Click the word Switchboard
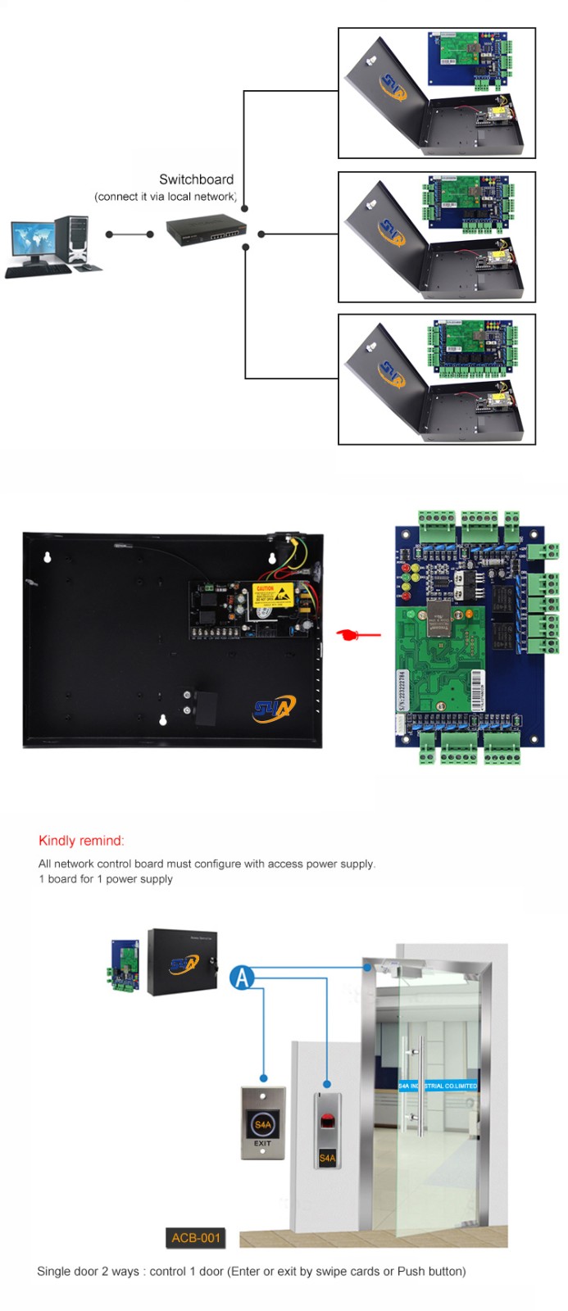point(196,179)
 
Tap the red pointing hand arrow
point(358,634)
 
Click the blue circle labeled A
point(242,977)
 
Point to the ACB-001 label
point(196,1237)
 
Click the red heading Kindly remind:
point(81,841)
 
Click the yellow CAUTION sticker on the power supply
point(266,594)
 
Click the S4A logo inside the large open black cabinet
point(274,707)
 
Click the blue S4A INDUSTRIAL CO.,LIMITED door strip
point(438,1086)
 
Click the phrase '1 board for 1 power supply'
point(106,879)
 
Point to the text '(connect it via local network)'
point(166,197)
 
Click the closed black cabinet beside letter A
point(183,962)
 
